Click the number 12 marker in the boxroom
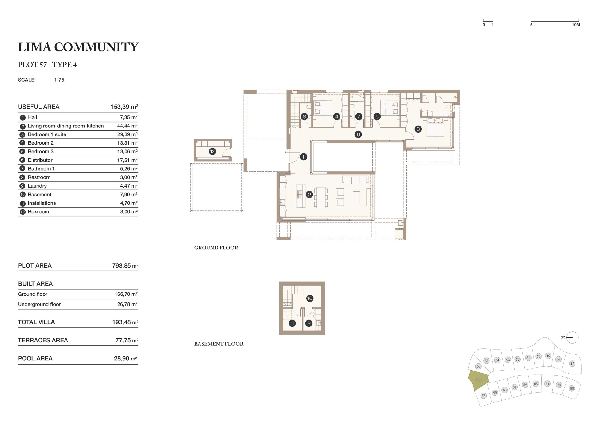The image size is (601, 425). click(x=212, y=151)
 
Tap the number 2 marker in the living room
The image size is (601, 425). click(x=309, y=195)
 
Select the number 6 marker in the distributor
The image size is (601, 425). click(x=358, y=134)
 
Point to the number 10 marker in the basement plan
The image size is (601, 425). click(x=310, y=298)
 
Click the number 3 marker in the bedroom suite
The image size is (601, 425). click(x=418, y=129)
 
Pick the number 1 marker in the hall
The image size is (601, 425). click(x=303, y=157)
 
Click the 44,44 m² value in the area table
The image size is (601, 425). click(x=127, y=126)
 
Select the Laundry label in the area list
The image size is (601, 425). click(x=37, y=186)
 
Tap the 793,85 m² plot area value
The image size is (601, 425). click(x=125, y=266)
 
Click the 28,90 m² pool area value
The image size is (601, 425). click(x=125, y=359)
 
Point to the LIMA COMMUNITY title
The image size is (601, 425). click(x=78, y=47)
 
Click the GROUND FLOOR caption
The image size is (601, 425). click(x=216, y=248)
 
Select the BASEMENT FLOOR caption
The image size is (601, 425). click(x=219, y=344)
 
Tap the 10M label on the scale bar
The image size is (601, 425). click(x=576, y=25)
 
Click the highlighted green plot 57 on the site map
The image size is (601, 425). click(x=478, y=380)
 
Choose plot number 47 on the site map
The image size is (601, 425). click(x=572, y=364)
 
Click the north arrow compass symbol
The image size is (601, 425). click(x=572, y=338)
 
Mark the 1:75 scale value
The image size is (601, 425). click(x=59, y=80)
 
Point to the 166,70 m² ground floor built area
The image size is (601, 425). click(x=126, y=294)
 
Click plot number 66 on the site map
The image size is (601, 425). click(x=572, y=388)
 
